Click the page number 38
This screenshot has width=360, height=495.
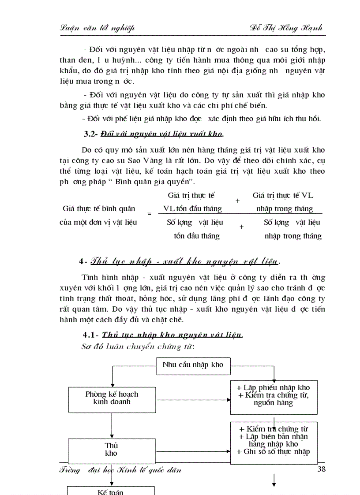[321, 469]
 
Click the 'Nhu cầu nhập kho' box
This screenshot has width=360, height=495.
[193, 365]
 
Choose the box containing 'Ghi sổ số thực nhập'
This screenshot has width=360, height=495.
[274, 440]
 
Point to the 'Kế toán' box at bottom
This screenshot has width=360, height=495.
[110, 491]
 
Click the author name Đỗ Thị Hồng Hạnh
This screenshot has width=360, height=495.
[285, 28]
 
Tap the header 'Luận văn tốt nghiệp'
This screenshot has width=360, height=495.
[97, 28]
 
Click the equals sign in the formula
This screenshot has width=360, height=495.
[149, 214]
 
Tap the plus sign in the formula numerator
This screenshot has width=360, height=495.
[237, 201]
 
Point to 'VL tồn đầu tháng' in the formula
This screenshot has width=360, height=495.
[193, 208]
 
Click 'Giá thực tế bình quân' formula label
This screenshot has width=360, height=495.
[99, 208]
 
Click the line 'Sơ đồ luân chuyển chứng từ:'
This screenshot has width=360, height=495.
[138, 346]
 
